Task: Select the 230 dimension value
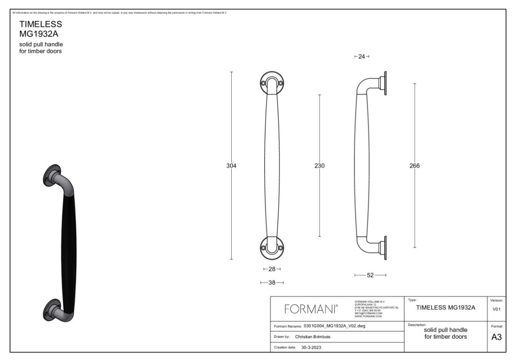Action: point(319,166)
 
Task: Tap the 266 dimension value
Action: point(415,166)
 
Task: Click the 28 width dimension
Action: point(272,269)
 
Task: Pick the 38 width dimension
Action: point(272,283)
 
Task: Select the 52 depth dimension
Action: point(370,275)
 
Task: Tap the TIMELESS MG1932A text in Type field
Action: point(446,307)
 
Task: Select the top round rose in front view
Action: point(272,83)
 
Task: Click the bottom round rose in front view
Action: point(272,248)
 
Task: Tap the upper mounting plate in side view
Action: point(385,84)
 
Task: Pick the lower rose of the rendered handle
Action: point(52,309)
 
